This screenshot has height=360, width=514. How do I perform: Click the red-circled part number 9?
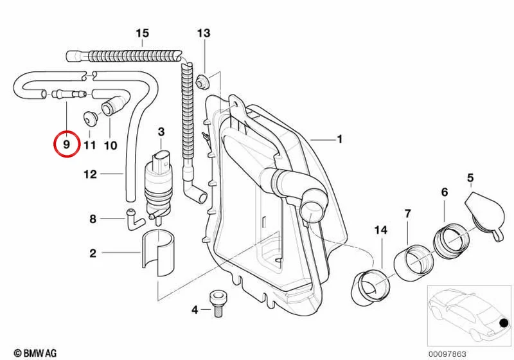coord(67,144)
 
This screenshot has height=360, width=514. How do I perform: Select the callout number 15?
coord(143,33)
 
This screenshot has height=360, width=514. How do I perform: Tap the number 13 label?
coord(204,33)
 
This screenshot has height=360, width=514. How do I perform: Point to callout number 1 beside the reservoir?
coord(340,139)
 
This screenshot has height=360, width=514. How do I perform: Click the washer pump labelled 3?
coord(160,187)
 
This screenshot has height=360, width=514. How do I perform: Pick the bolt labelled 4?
coord(218,304)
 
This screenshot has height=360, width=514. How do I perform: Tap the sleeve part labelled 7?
coord(413,262)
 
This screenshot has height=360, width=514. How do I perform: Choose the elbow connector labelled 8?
coord(134,219)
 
